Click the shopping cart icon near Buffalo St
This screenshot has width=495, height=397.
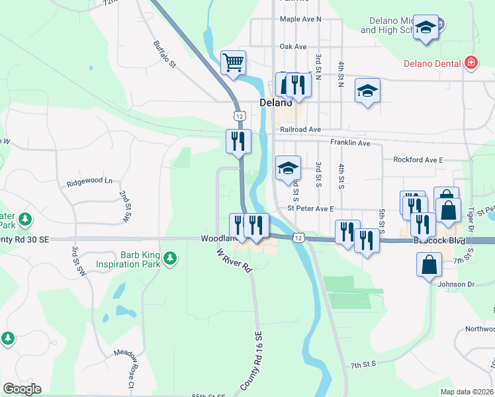[233, 64]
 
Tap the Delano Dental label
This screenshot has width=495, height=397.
[433, 64]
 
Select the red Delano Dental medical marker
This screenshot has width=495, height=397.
[471, 63]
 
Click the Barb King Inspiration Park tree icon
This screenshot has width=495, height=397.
[171, 257]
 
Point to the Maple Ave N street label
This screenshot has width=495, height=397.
[300, 19]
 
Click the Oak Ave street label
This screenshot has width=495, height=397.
[293, 47]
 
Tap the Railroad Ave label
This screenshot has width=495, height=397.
[300, 130]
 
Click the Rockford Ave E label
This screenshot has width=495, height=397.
[418, 159]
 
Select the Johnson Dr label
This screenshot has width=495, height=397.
[457, 285]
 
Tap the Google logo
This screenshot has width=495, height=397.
[22, 389]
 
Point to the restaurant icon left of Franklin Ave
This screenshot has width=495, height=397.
[238, 141]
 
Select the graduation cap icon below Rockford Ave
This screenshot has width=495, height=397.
[288, 168]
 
